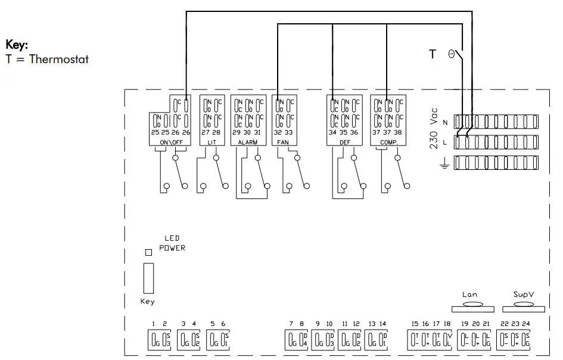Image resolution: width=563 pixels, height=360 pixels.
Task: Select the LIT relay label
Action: [x=211, y=143]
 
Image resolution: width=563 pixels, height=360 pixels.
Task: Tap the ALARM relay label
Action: [x=247, y=143]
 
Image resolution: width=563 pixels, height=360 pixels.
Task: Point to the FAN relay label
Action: [x=282, y=143]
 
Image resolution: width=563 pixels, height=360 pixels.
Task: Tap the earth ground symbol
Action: [x=443, y=163]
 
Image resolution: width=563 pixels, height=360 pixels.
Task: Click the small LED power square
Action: [x=148, y=252]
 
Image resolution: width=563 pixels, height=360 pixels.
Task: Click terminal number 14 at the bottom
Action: [x=382, y=324]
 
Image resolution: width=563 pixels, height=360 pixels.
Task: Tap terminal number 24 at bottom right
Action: [x=527, y=324]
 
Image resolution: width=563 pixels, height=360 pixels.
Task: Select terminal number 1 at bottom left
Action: [x=153, y=324]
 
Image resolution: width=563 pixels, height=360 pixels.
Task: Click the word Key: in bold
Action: [x=17, y=45]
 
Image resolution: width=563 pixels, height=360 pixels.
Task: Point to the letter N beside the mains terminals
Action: [x=445, y=122]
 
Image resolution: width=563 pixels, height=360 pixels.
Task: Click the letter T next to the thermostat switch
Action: [x=433, y=54]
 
